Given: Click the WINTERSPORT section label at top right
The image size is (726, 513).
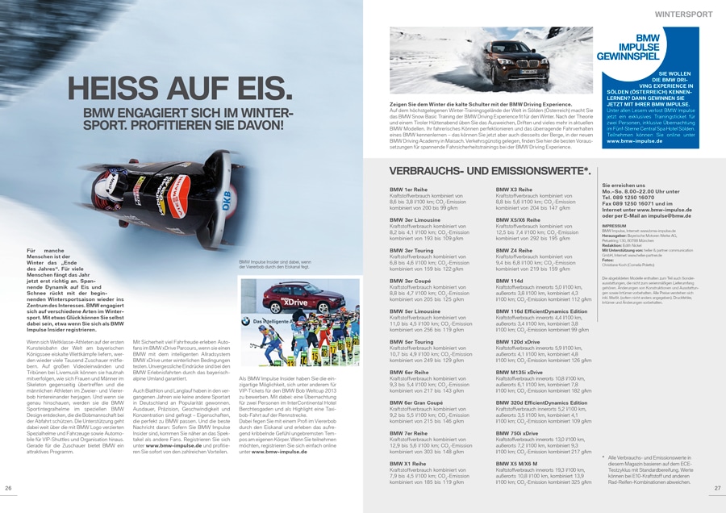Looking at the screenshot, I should pos(683,14).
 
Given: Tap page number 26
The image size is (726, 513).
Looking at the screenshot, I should pos(9,488).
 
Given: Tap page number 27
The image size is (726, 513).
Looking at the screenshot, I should pos(717,488).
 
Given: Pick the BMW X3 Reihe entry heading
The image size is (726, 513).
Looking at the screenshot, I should pos(514,189).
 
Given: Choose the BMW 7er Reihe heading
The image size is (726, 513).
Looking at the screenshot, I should pos(409,433).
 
